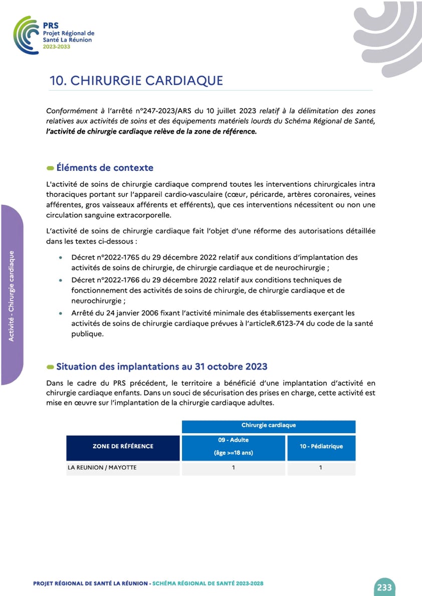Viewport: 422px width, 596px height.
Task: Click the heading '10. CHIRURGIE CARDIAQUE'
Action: (136, 81)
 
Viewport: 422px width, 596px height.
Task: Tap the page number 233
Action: (384, 587)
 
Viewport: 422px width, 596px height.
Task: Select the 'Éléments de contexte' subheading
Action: (105, 168)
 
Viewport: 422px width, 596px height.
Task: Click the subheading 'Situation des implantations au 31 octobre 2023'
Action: (161, 366)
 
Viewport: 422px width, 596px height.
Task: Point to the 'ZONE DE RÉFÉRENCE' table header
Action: (123, 446)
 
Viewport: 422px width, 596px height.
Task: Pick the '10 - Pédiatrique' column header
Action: (321, 446)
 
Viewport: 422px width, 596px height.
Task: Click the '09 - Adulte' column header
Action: (234, 440)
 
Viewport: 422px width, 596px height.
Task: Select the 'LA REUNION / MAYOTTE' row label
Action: (102, 468)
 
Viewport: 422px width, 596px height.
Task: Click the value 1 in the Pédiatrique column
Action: (321, 468)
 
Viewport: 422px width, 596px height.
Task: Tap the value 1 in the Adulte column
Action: (234, 468)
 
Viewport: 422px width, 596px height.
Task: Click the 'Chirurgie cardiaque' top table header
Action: (269, 425)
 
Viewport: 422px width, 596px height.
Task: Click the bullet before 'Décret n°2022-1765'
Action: (61, 257)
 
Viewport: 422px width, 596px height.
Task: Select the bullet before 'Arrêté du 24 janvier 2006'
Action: (61, 313)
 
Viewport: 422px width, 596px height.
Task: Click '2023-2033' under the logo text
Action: (56, 46)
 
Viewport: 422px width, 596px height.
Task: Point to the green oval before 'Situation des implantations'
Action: (50, 367)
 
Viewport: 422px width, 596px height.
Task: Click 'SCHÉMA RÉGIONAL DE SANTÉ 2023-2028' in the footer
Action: (207, 583)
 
